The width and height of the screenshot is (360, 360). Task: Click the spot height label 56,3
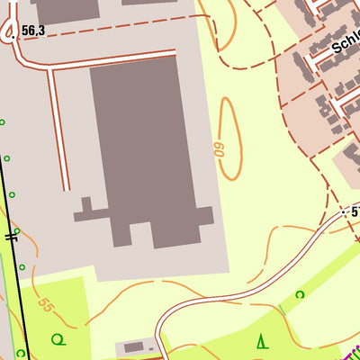tap(33, 31)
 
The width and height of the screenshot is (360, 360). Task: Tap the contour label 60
tap(219, 148)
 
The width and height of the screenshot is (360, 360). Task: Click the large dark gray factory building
tap(144, 144)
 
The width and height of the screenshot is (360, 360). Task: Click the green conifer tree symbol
tap(262, 341)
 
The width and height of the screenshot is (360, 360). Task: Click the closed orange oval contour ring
tap(229, 139)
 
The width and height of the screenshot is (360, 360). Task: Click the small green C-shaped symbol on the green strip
tap(301, 293)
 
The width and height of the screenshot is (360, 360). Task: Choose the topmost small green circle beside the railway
tap(2, 121)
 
